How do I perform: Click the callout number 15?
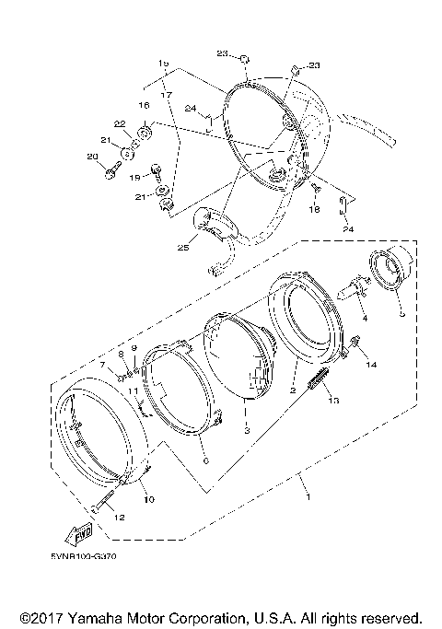pos(164,63)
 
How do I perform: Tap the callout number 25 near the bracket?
pos(182,246)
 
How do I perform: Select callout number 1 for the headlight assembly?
pos(307,497)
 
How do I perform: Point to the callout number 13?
pos(334,401)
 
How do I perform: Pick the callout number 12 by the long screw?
pos(117,517)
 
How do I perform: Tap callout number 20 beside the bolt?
pos(91,158)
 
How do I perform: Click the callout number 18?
pos(316,211)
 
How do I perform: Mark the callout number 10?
pos(149,499)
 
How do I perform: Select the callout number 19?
pos(134,176)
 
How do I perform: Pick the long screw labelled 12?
pos(103,506)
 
